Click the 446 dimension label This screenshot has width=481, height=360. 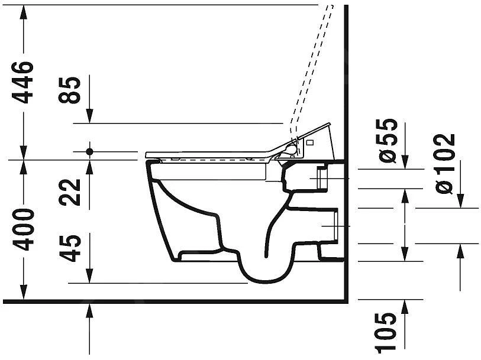pyautogui.click(x=24, y=82)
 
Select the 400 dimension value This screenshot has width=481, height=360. pyautogui.click(x=24, y=229)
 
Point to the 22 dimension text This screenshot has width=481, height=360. pyautogui.click(x=71, y=192)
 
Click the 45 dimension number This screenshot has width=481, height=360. pyautogui.click(x=71, y=248)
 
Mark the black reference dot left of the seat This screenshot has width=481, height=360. pyautogui.click(x=89, y=151)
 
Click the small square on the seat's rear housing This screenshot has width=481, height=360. pyautogui.click(x=309, y=142)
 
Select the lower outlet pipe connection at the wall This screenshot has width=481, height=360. pyautogui.click(x=329, y=226)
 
